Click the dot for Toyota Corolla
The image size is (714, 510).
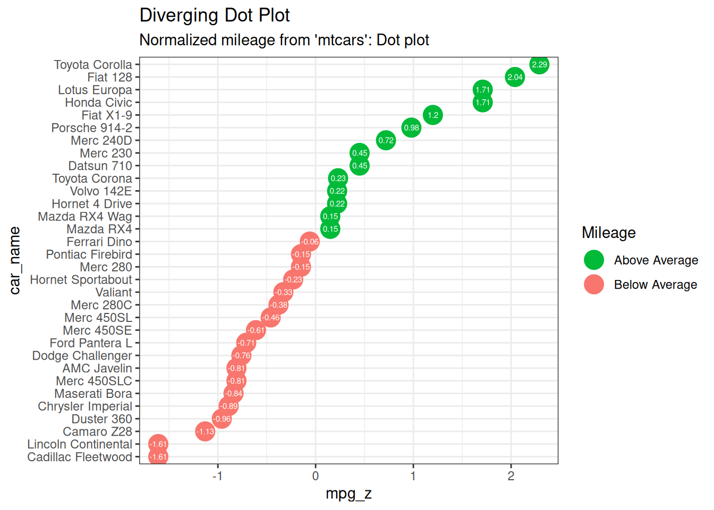(x=539, y=65)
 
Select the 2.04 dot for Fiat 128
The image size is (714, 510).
(x=515, y=78)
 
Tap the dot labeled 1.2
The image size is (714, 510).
(x=433, y=115)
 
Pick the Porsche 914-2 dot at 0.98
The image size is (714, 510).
(x=411, y=128)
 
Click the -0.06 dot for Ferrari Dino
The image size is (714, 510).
(x=310, y=242)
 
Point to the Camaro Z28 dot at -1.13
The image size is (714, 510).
(x=205, y=431)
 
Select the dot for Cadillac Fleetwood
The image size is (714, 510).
(x=158, y=457)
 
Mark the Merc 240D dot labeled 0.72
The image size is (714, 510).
(x=386, y=141)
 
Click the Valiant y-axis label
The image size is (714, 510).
(x=114, y=292)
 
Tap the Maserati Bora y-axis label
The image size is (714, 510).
(x=93, y=394)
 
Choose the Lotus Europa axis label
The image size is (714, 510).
(x=95, y=90)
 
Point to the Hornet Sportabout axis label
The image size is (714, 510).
(x=81, y=279)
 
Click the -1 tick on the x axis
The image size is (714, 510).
(x=217, y=476)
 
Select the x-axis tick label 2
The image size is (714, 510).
(x=511, y=476)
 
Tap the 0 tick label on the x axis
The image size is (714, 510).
(x=316, y=476)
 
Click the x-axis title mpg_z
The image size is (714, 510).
(x=348, y=494)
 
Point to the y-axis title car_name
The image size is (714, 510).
(x=15, y=260)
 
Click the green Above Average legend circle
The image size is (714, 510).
(x=594, y=260)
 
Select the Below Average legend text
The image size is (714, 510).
(x=656, y=285)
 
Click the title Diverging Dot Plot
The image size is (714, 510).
(x=215, y=15)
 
